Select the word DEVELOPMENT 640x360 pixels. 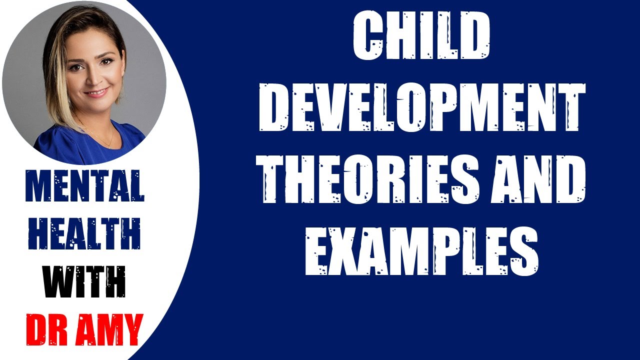422,107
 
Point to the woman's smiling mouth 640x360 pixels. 96,93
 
